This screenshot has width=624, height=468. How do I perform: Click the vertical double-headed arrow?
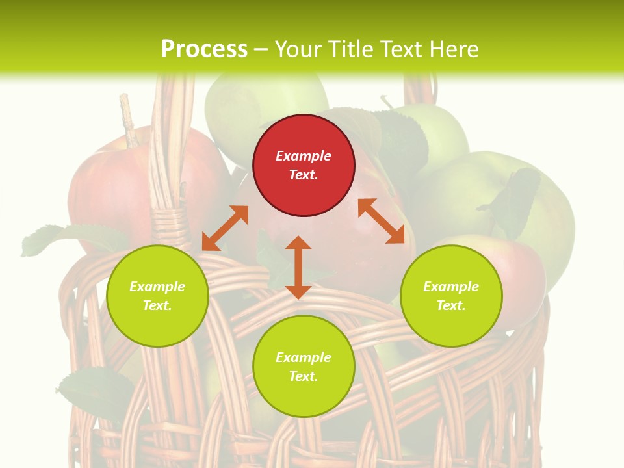[x=298, y=268]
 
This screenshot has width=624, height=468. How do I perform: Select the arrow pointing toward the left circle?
[x=225, y=228]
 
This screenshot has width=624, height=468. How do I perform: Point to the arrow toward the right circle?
[x=382, y=221]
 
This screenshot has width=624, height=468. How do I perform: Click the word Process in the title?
[x=204, y=49]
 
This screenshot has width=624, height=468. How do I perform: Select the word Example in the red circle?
[x=304, y=156]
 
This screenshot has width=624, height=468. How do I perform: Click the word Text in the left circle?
[x=157, y=305]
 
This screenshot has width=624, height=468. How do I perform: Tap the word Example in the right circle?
[x=451, y=287]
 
